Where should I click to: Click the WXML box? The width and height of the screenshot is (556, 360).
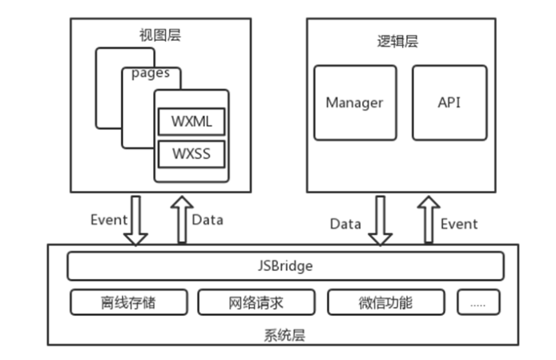[191, 122]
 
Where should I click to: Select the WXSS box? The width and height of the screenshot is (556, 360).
[191, 152]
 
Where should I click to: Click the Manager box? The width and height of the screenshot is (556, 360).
[354, 103]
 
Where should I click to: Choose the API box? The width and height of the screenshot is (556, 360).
[449, 103]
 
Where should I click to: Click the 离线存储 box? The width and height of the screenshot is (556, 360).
[129, 302]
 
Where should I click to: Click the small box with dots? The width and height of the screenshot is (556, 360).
[478, 302]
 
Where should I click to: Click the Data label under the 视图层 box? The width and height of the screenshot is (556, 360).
[207, 219]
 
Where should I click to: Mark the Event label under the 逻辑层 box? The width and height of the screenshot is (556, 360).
[459, 224]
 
